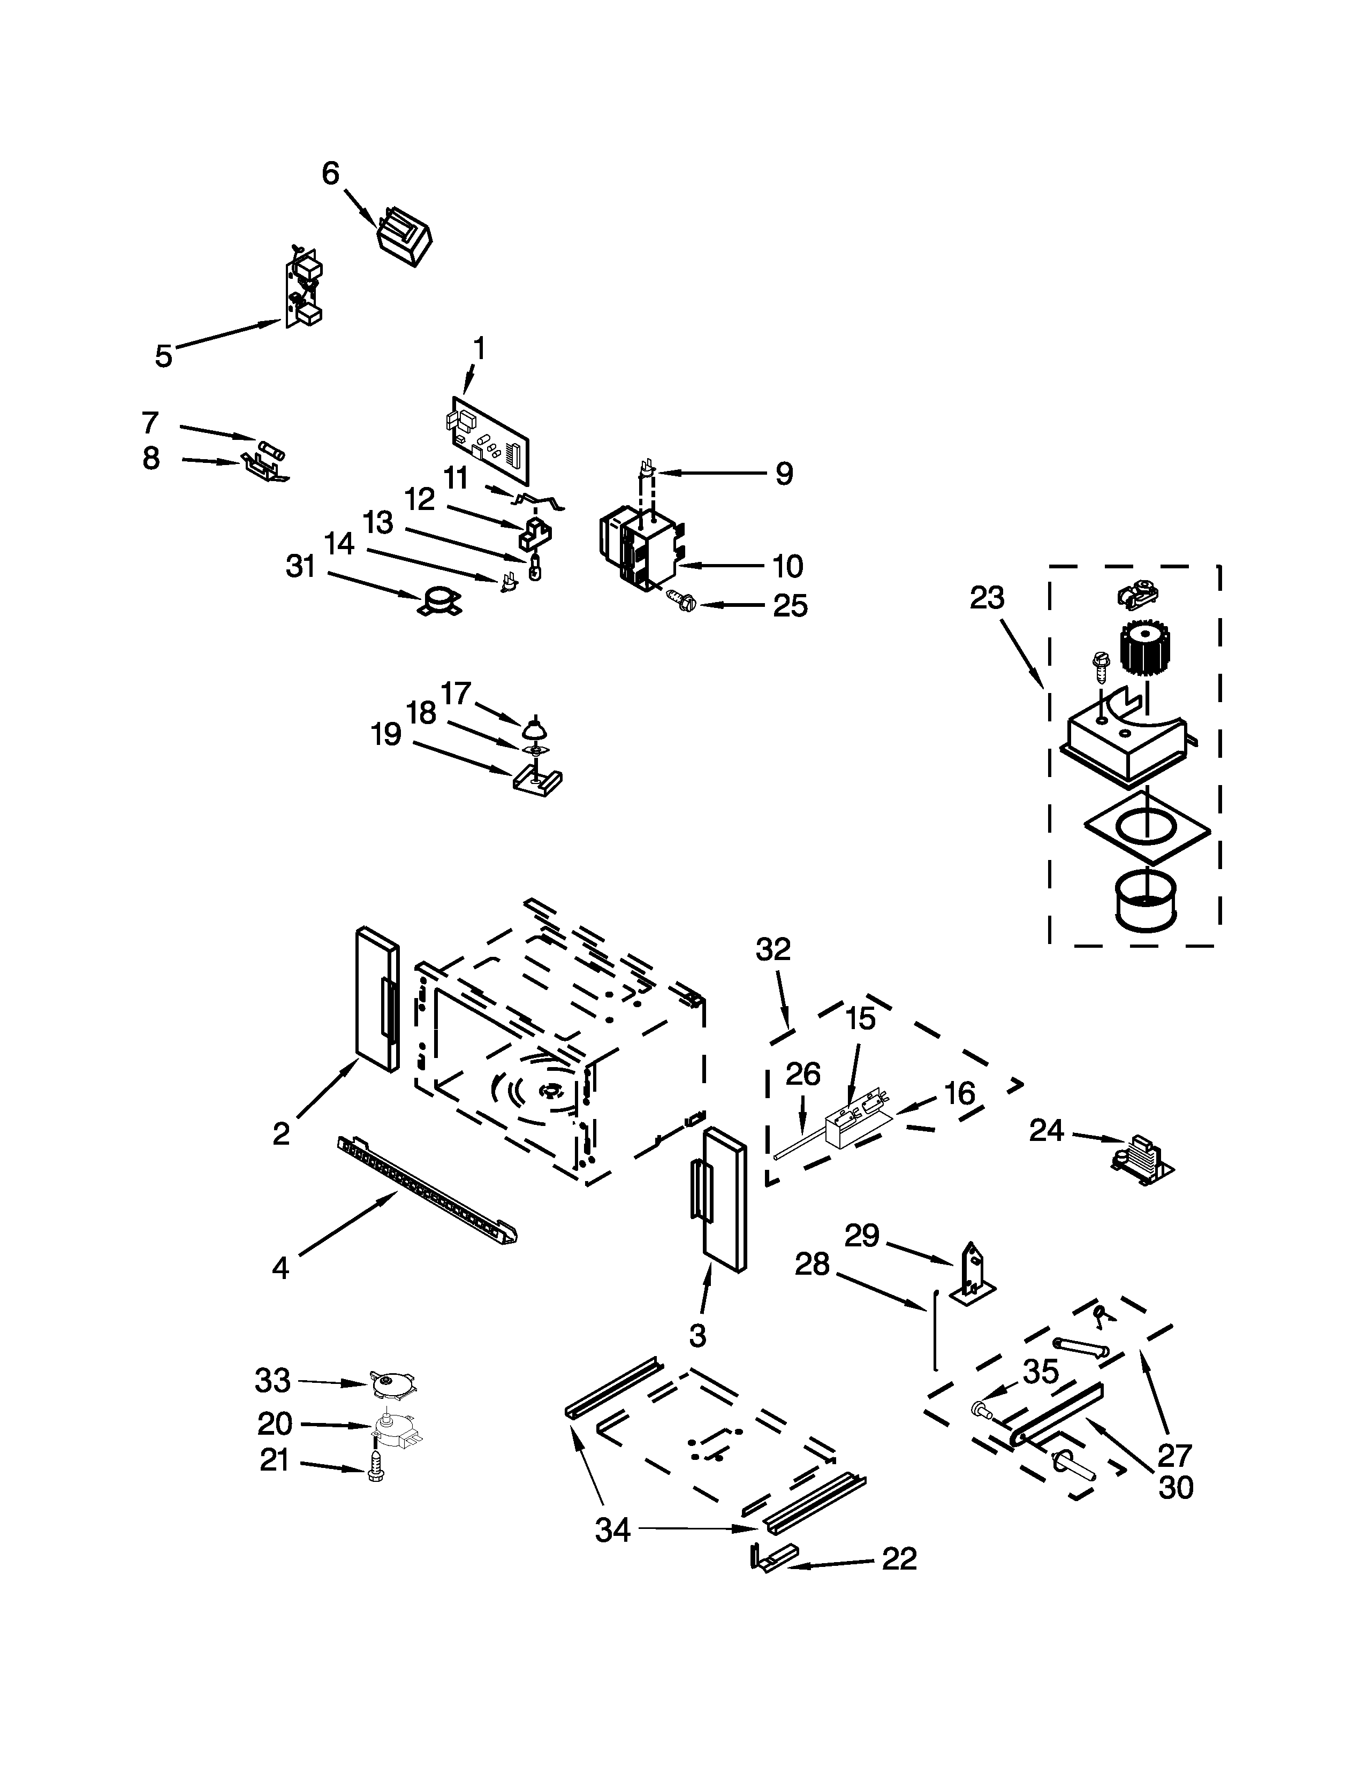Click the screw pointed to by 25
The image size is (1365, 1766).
point(677,600)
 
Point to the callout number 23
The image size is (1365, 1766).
point(987,598)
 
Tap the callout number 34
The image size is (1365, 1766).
point(612,1530)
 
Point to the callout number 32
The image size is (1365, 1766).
point(772,949)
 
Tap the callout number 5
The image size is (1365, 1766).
point(163,356)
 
